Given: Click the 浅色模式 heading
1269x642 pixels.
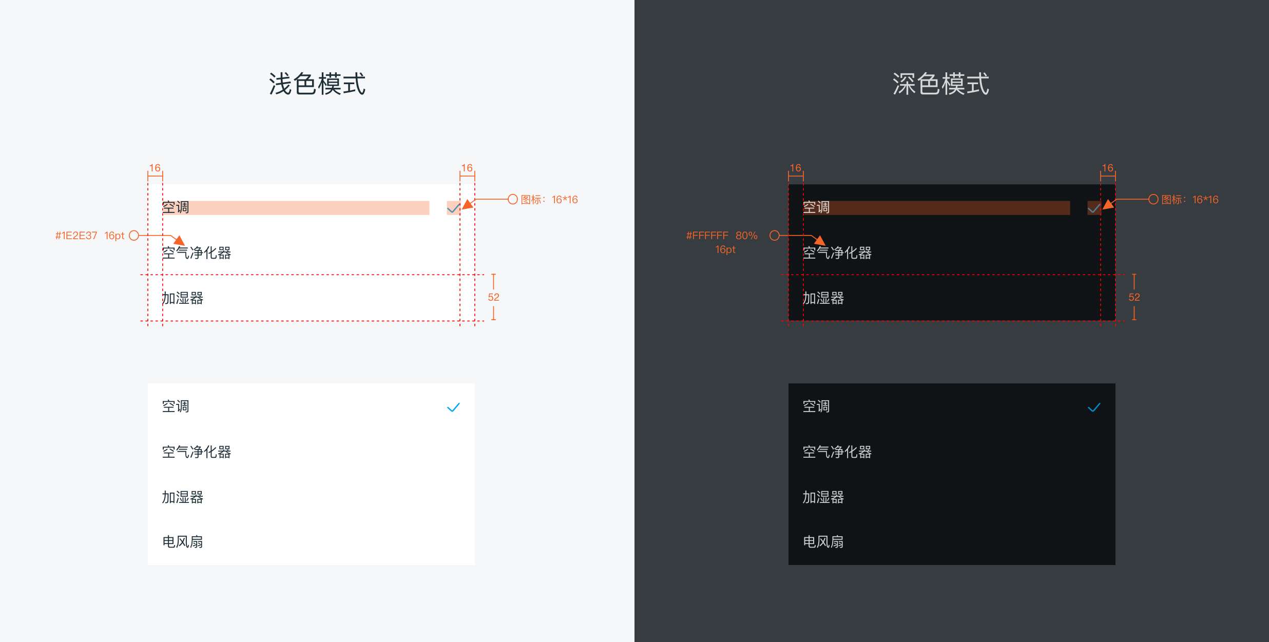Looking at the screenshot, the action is tap(317, 84).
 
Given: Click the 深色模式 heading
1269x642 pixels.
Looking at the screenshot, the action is tap(941, 84).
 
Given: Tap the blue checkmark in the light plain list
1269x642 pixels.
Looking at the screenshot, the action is tap(453, 407).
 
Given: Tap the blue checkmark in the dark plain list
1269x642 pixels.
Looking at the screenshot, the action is tap(1094, 407).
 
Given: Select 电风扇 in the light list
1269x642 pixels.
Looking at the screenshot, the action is tap(183, 542).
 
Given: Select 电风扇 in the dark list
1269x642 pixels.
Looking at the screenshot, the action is tap(823, 542).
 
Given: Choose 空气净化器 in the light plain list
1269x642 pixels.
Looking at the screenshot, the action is tap(197, 452).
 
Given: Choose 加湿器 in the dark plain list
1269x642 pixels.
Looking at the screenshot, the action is tap(823, 497).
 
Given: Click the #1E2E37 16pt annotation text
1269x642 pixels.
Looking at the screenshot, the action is tap(90, 236).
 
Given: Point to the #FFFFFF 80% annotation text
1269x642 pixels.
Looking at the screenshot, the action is tap(722, 236).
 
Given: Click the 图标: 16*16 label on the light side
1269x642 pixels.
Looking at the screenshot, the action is tap(549, 200).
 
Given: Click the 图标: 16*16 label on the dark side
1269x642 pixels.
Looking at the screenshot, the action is tap(1190, 200).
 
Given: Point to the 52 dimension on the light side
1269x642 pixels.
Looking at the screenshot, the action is tap(493, 297).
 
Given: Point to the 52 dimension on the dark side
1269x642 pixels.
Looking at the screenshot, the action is tap(1134, 297).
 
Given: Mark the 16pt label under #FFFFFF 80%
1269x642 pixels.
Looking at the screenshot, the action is tap(725, 249).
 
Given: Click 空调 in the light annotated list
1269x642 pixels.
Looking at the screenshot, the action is tap(176, 207).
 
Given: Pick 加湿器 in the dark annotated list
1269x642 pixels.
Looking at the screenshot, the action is tap(823, 298).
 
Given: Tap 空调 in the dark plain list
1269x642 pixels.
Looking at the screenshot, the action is tap(816, 406).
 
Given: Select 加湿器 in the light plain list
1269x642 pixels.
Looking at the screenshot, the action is tap(183, 497).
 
